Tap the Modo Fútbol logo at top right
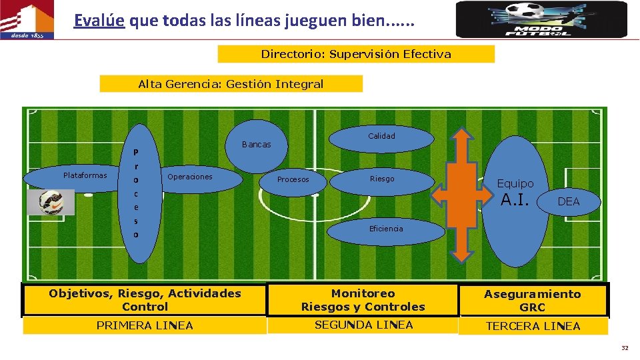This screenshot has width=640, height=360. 541,19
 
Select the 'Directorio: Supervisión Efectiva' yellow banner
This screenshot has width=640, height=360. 356,54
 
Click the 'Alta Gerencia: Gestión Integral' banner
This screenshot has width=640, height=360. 231,84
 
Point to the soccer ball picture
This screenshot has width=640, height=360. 51,203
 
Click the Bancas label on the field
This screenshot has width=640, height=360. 257,145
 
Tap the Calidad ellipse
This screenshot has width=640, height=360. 381,136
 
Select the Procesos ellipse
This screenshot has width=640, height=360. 293,180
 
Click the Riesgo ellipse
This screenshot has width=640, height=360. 382,179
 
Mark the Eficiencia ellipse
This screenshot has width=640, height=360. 386,229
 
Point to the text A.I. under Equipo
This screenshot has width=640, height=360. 515,199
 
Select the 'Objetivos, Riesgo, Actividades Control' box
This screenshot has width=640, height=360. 145,300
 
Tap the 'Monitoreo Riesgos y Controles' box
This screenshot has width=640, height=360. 363,300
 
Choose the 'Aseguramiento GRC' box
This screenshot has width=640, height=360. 532,301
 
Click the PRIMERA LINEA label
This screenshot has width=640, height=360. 145,325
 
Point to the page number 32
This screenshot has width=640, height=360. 625,348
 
